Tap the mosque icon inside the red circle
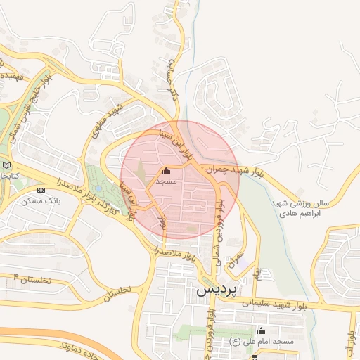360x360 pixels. point(166,170)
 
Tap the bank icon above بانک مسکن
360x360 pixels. point(40,190)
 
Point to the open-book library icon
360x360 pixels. point(6,165)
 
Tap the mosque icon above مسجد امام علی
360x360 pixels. point(262,330)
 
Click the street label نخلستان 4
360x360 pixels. point(32,280)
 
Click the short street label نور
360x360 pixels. point(162,221)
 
